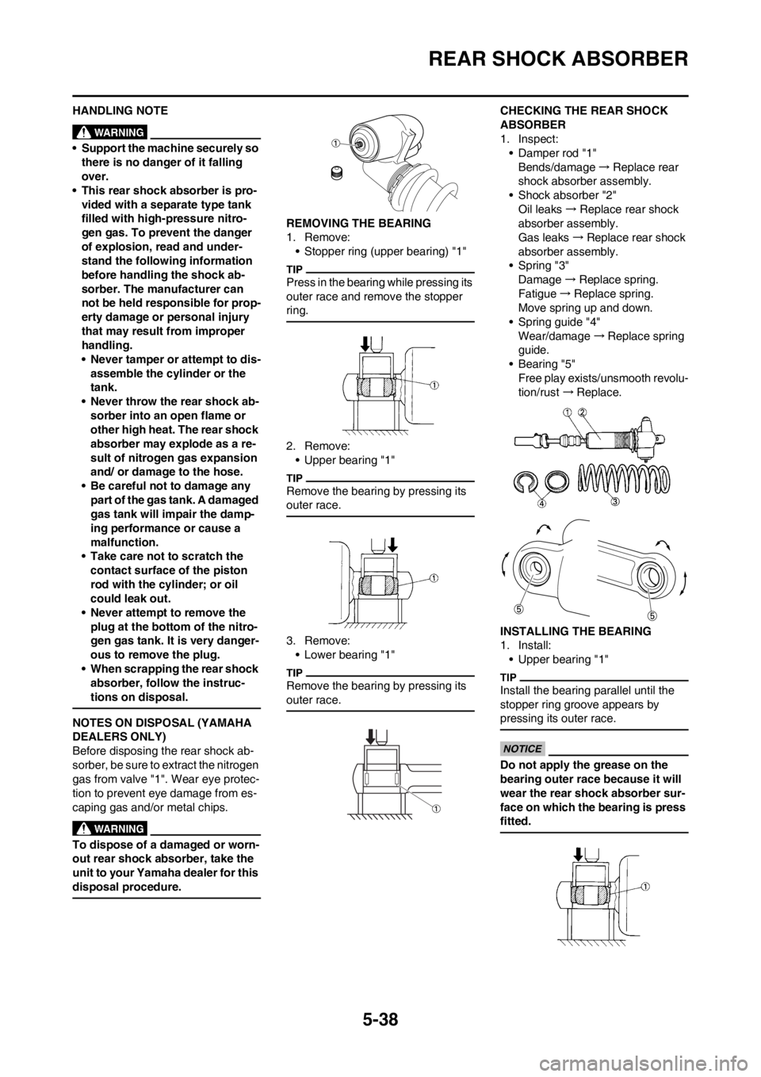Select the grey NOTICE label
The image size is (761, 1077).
522,749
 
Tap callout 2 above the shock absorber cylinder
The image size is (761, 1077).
583,412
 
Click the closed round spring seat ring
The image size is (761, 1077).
557,478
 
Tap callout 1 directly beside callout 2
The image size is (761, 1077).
568,412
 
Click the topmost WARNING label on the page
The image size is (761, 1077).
109,132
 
